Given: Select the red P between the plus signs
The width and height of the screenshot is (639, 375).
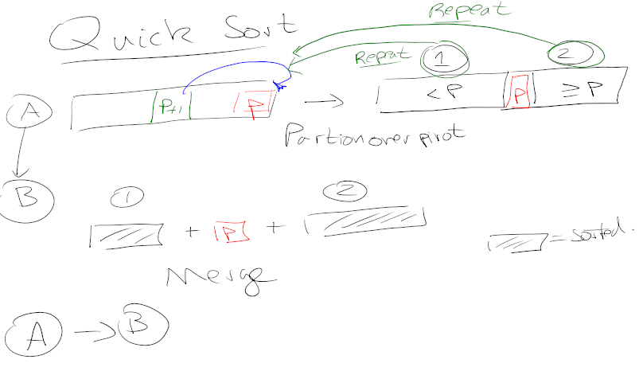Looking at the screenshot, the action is [x=229, y=232].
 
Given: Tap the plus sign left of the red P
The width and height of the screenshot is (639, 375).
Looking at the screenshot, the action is [x=191, y=232].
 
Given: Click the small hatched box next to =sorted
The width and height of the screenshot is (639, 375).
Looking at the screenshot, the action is [x=516, y=241].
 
